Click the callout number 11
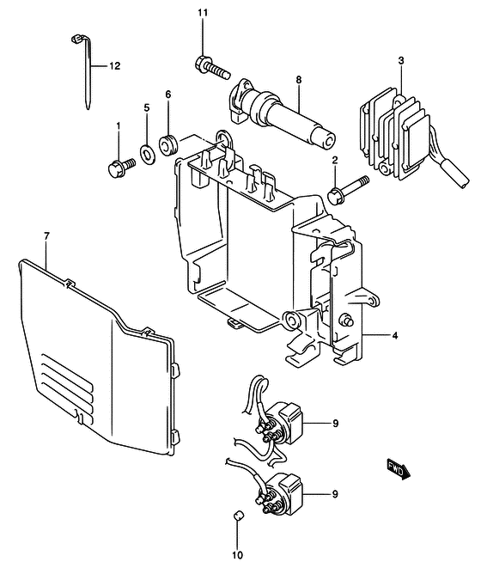[203, 13]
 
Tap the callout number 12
[114, 66]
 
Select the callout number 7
[46, 236]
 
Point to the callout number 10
[238, 554]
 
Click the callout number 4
[395, 336]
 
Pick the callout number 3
[401, 61]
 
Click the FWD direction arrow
[398, 469]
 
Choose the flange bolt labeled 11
[213, 67]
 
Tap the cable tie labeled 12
[87, 72]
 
